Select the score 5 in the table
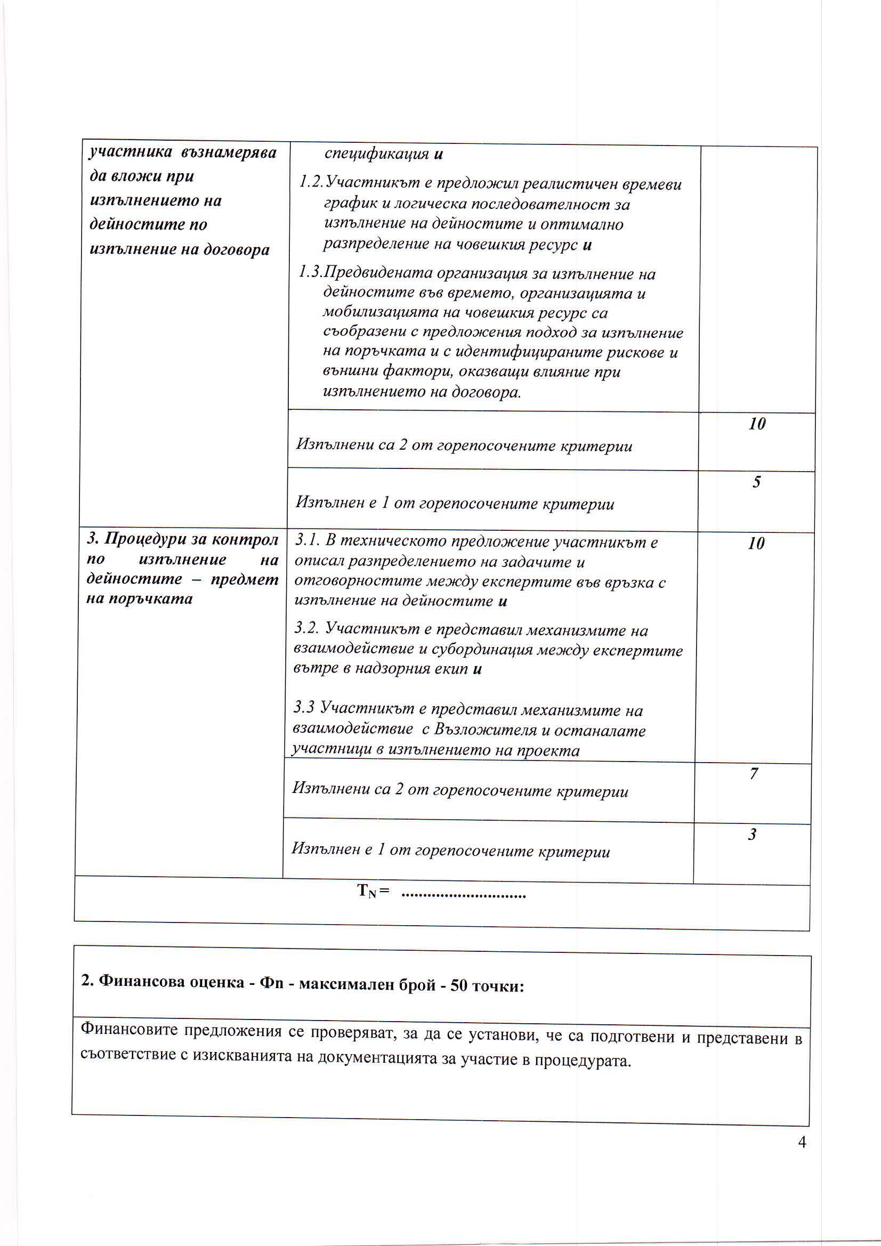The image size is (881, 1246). (x=756, y=482)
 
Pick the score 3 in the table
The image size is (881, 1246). (x=752, y=834)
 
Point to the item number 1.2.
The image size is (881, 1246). (x=312, y=184)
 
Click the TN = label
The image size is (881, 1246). (x=374, y=892)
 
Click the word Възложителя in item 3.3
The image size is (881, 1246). (x=492, y=730)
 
